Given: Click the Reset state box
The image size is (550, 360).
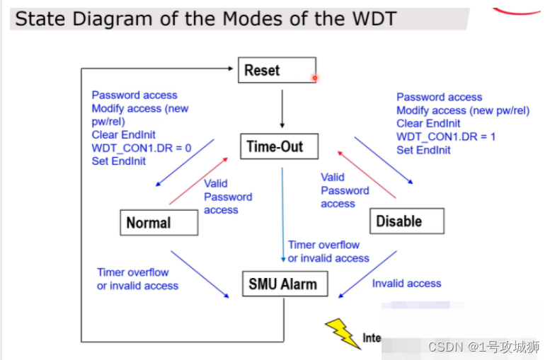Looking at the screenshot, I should [x=276, y=70].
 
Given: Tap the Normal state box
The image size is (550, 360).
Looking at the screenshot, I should [x=158, y=223].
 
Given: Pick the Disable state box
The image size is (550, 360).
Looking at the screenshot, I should [x=406, y=221].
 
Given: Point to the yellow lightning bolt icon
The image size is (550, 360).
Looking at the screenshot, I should [x=343, y=333].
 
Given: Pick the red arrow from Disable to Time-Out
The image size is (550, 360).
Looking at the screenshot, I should [x=366, y=173].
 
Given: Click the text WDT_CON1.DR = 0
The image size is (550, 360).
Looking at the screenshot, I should [x=142, y=148].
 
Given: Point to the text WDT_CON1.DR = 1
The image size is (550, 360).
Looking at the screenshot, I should [x=446, y=137].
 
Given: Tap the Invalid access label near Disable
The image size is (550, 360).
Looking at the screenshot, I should [x=406, y=284].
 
